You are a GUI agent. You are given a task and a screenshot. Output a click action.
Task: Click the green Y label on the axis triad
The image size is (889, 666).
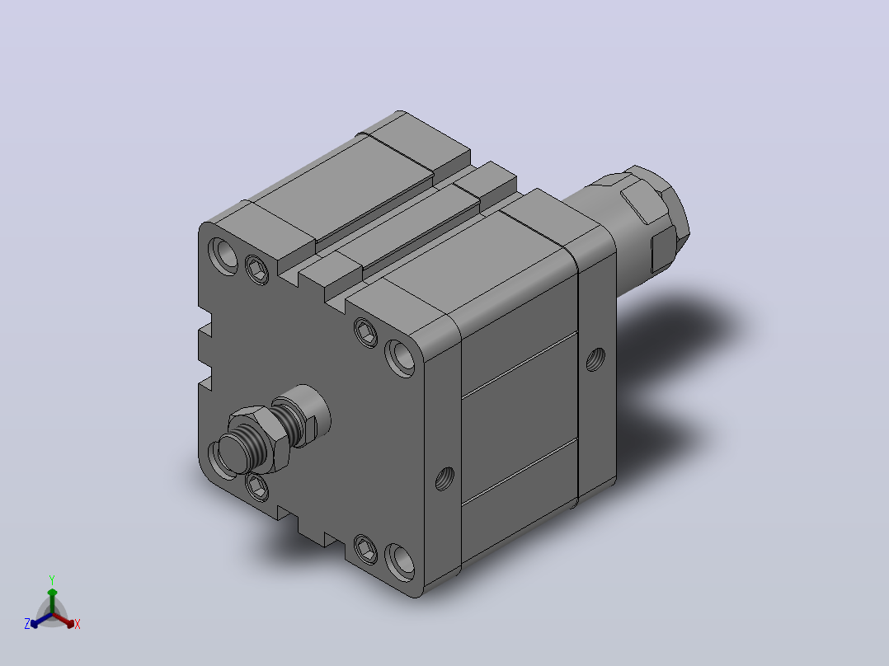[52, 579]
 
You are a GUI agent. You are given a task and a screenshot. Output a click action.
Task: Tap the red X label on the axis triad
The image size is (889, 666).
[78, 624]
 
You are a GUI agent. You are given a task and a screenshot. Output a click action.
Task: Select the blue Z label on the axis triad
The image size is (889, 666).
[27, 624]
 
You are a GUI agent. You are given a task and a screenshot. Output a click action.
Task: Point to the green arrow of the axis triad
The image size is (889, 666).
[52, 601]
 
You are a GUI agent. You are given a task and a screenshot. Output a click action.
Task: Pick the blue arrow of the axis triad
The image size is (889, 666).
[41, 620]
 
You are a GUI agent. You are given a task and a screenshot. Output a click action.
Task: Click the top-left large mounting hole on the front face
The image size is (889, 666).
[223, 256]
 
